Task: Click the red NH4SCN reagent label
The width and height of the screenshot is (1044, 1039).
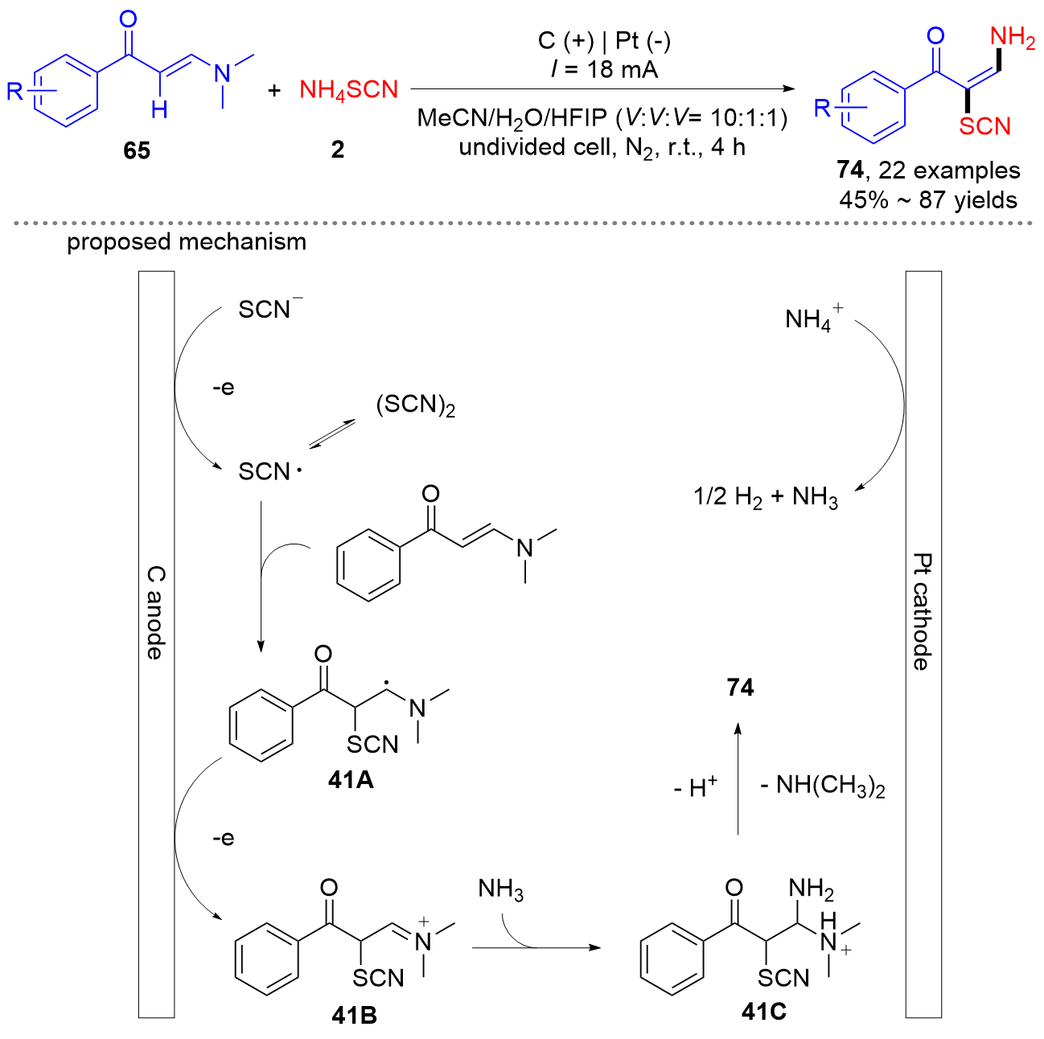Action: click(348, 90)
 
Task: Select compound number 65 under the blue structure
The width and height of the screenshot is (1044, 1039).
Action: click(137, 150)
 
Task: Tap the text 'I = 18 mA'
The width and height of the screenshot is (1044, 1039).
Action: click(604, 69)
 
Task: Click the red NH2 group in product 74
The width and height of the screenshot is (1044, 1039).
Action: click(1012, 38)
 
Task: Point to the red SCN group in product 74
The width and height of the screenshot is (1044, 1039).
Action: click(984, 126)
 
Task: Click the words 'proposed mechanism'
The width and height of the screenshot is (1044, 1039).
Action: click(187, 242)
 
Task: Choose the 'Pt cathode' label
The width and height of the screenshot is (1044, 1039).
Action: click(922, 611)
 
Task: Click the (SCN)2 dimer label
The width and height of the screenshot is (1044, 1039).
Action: click(415, 405)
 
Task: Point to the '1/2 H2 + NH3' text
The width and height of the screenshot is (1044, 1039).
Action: click(766, 498)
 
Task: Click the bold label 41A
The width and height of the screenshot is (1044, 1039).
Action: click(351, 779)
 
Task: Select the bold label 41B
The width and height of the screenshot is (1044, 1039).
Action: click(354, 1016)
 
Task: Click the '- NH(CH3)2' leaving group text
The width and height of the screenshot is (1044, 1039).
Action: click(822, 786)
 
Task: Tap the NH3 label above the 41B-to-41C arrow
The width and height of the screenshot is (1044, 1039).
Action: click(500, 889)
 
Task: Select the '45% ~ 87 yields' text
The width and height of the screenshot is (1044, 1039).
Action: click(928, 199)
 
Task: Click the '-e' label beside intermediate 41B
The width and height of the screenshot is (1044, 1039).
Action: click(223, 838)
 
